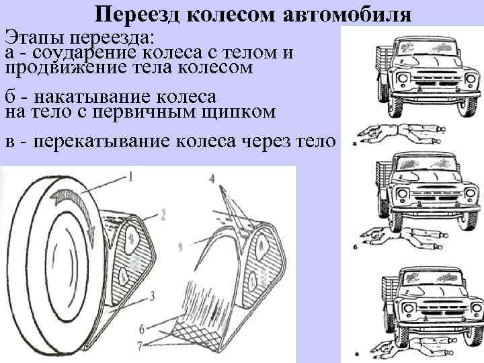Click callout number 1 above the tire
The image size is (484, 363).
pyautogui.click(x=130, y=177)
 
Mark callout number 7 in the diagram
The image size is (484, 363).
pyautogui.click(x=142, y=344)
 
